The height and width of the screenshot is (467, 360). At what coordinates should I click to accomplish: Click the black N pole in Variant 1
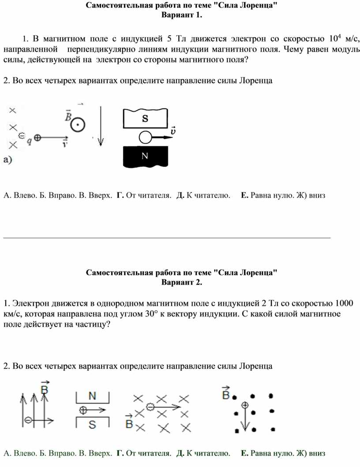coord(145,156)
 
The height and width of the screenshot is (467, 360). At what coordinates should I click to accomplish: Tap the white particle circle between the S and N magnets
coord(146,138)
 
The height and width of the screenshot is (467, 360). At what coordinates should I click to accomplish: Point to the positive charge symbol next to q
coord(37,138)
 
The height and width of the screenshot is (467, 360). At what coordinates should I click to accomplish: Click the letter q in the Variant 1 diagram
coord(29,141)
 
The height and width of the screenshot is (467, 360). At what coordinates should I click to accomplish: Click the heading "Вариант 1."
coord(181,15)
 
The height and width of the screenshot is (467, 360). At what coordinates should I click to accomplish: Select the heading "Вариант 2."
coord(181,282)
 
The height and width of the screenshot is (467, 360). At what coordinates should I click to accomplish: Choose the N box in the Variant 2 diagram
coord(93,396)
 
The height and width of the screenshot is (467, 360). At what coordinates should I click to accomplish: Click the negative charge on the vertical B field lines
coord(28,420)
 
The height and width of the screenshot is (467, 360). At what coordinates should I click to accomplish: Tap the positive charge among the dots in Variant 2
coord(245,404)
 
